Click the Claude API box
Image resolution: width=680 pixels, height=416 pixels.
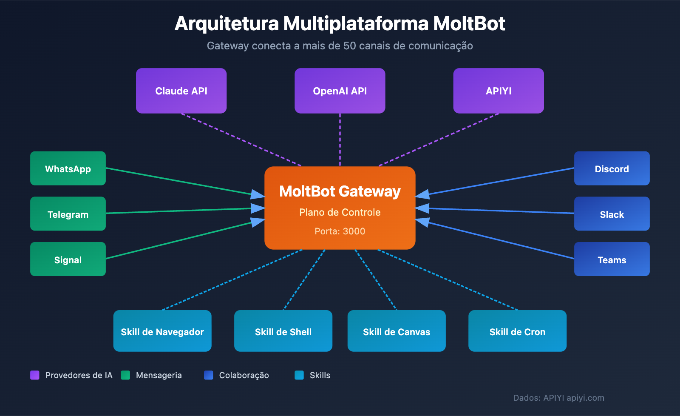tap(181, 91)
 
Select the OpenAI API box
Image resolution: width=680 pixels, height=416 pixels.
tap(340, 91)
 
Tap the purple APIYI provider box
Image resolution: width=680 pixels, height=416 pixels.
tap(499, 91)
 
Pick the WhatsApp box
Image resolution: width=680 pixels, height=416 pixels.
tap(68, 168)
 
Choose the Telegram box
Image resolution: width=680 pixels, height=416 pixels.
tap(68, 214)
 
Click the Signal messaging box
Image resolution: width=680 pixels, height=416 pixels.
tap(68, 259)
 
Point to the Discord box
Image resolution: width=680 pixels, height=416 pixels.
tap(612, 168)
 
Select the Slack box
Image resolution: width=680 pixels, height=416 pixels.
tap(612, 214)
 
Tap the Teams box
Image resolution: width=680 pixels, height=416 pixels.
tap(612, 259)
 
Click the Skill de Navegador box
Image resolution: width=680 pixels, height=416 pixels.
tap(162, 331)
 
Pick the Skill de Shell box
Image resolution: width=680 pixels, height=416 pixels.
tap(283, 331)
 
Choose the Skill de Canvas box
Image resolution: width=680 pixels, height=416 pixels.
tap(397, 331)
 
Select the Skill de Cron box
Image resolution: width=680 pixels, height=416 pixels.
tap(517, 331)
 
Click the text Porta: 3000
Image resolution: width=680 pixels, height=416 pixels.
tap(340, 231)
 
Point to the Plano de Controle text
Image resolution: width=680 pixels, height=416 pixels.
tap(340, 212)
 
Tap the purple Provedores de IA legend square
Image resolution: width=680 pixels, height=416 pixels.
tap(35, 375)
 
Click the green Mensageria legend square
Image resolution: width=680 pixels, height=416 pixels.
tap(125, 375)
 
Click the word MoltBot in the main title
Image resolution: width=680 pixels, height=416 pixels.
tap(469, 24)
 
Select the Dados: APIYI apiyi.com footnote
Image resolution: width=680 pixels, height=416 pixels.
tap(558, 398)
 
